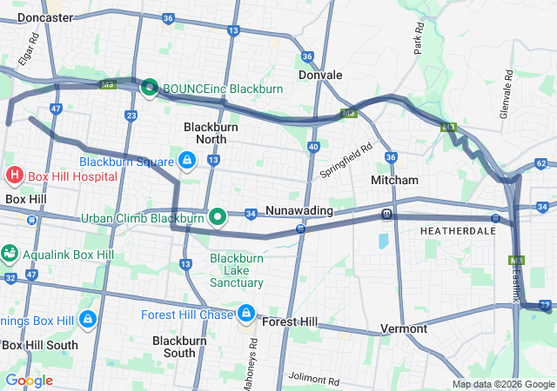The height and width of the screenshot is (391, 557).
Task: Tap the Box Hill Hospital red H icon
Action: pos(15,176)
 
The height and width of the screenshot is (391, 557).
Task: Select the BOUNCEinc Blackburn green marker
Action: pos(149,87)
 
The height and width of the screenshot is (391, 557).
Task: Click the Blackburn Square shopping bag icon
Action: pos(187,161)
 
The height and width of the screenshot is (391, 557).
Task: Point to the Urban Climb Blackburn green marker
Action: pos(218,216)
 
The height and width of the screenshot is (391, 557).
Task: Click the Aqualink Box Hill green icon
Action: pos(10,254)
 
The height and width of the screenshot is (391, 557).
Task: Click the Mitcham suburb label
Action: pos(394,180)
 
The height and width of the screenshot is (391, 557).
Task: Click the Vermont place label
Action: pos(404,329)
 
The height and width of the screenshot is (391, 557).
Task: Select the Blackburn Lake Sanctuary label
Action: pos(237,270)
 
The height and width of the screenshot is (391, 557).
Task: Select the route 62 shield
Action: pos(541,163)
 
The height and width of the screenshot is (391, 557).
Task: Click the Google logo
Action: pos(29,381)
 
